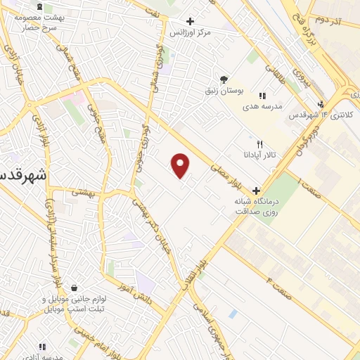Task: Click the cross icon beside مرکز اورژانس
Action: (190, 21)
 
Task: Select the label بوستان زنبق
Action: (224, 91)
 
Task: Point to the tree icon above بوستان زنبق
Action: (224, 79)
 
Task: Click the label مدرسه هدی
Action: (262, 106)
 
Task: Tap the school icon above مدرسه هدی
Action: (262, 96)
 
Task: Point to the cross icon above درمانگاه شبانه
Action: (256, 190)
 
